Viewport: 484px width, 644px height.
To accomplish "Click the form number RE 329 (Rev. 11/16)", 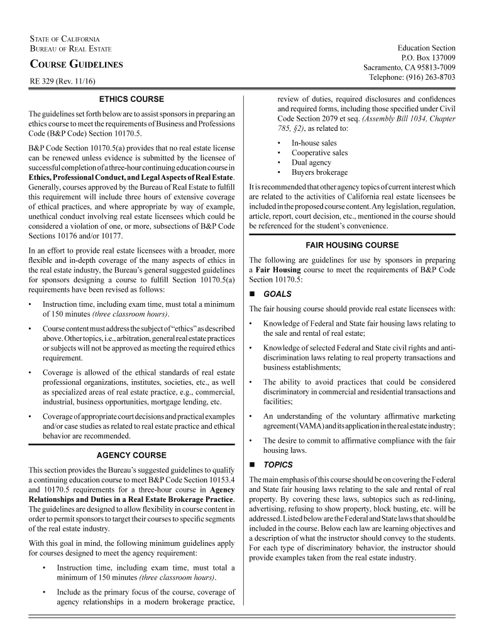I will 60,82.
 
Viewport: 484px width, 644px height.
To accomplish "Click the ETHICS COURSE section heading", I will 131,99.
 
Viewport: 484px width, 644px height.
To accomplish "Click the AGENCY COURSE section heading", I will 131,455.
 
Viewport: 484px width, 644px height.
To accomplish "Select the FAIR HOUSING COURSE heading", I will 351,245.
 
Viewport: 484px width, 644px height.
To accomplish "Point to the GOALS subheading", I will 277,294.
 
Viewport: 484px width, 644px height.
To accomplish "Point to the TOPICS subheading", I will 278,465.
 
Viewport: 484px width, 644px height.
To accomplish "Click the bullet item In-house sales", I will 314,143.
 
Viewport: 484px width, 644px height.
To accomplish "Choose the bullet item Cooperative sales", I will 319,153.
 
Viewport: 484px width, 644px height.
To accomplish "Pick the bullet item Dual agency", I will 311,162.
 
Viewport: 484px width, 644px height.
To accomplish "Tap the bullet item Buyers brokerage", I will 319,172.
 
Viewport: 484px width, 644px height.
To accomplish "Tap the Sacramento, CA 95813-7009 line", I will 409,67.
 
